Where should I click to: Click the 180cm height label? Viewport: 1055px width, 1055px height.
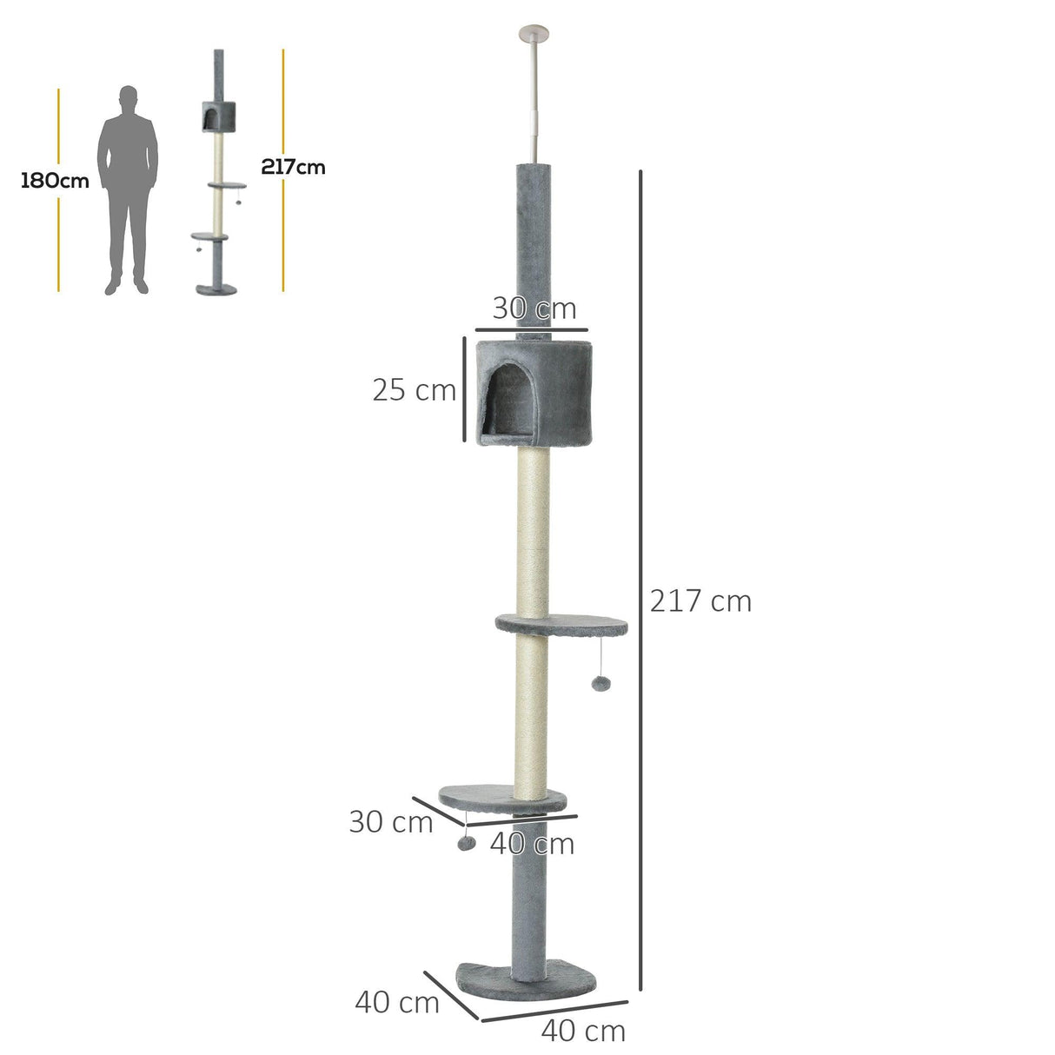pos(55,181)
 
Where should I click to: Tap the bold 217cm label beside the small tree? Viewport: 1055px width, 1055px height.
pos(293,167)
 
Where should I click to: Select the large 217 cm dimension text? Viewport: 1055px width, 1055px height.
pos(700,600)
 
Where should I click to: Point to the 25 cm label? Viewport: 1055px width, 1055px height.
pos(414,390)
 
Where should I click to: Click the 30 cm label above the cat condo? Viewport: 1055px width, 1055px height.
pos(534,309)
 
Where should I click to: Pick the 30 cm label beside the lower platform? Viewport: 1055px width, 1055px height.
pos(390,821)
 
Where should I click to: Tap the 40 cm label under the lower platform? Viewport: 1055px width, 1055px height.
pos(532,843)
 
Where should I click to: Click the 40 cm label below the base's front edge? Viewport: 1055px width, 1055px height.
pos(582,1031)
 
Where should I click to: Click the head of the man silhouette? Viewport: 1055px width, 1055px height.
pos(129,96)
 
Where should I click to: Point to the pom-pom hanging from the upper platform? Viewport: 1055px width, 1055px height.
pos(600,683)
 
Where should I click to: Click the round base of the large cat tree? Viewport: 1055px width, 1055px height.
pos(529,977)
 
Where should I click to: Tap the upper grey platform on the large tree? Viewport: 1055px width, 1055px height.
pos(561,623)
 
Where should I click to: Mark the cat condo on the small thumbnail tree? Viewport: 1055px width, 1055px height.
pos(211,115)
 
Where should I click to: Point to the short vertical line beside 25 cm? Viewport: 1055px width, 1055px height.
pos(462,389)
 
